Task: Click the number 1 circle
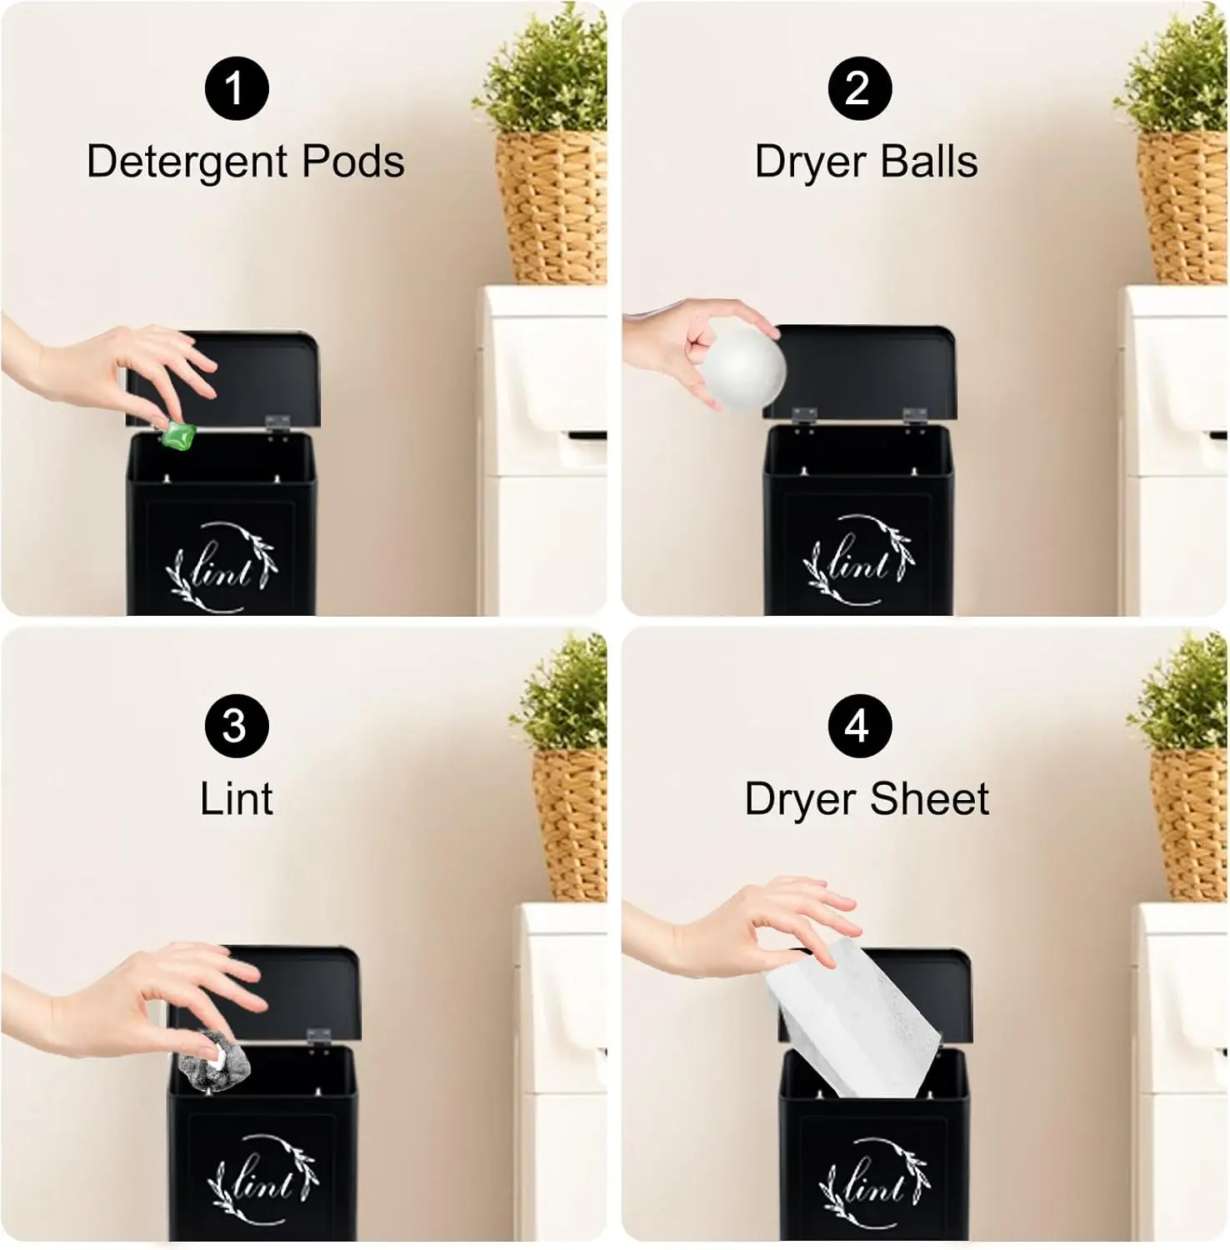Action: point(237,88)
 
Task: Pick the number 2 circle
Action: point(859,88)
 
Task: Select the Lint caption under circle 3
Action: point(237,799)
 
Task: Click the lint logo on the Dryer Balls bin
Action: point(857,561)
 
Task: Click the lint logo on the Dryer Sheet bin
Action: point(873,1182)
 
